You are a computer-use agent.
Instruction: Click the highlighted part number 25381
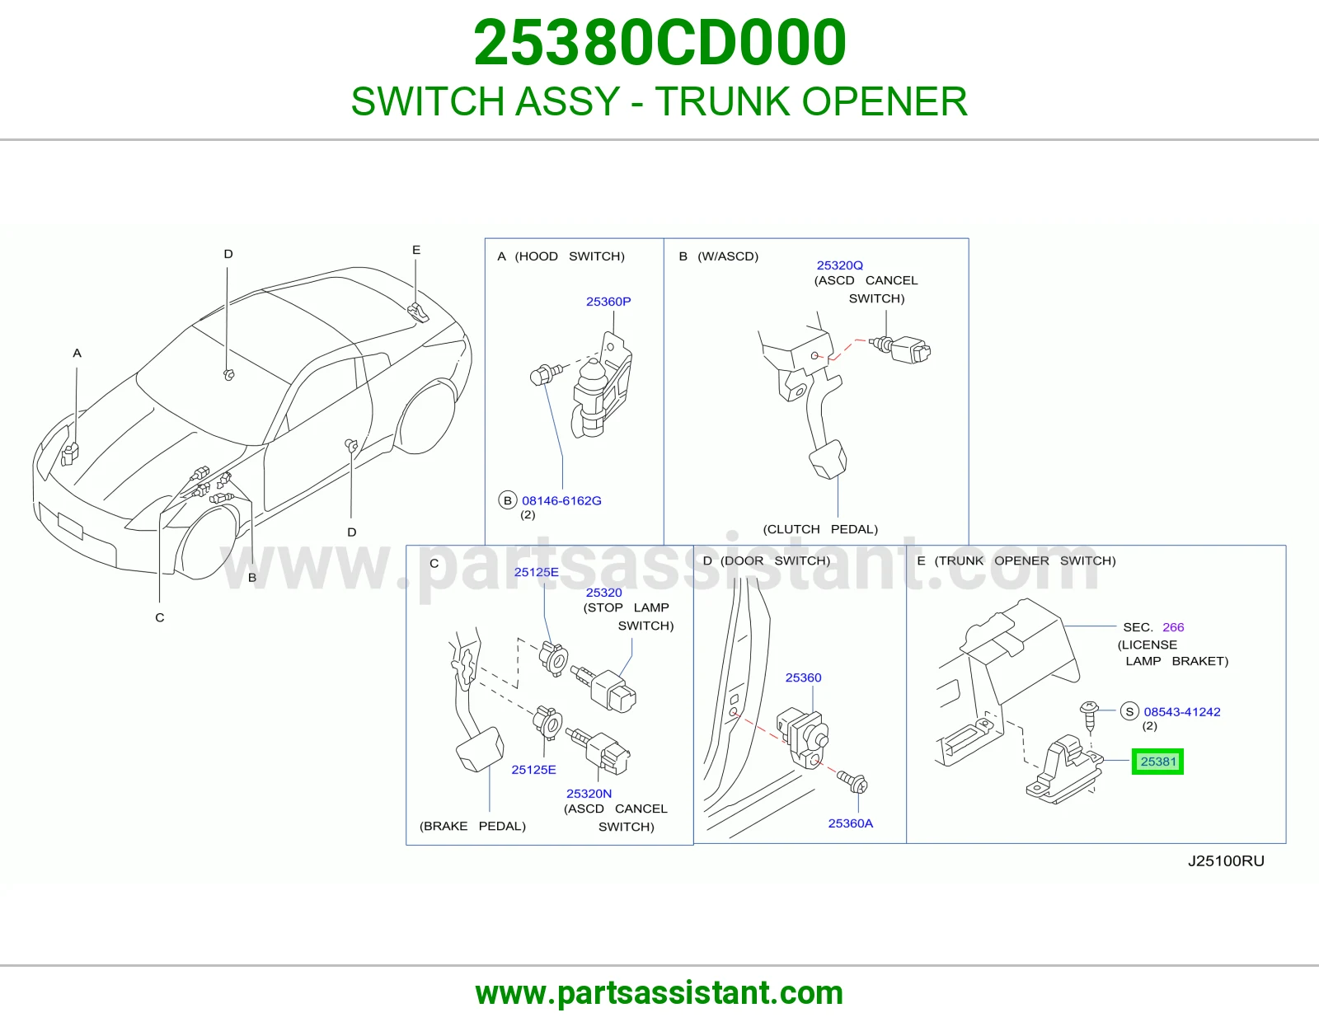coord(1157,762)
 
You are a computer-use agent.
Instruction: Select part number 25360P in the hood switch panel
coord(608,302)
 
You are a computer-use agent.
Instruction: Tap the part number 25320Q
coord(839,265)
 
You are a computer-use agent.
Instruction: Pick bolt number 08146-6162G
coord(561,500)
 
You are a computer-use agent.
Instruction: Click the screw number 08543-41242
coord(1182,712)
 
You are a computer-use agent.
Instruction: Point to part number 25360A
coord(851,823)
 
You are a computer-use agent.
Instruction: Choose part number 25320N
coord(589,794)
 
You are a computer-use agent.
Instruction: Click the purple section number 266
coord(1173,627)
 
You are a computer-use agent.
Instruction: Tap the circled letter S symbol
coord(1129,711)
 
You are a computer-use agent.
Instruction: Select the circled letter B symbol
coord(508,500)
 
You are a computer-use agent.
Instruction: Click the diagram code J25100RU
coord(1226,861)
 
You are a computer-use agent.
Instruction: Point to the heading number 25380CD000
coord(659,42)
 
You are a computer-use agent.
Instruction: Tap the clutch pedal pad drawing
coord(828,459)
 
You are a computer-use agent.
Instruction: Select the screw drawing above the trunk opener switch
coord(1090,716)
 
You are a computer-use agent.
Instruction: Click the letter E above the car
coord(415,250)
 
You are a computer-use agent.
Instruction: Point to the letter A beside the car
coord(77,354)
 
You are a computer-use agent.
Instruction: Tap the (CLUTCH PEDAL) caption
coord(820,529)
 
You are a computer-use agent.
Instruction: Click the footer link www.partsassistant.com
coord(659,993)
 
